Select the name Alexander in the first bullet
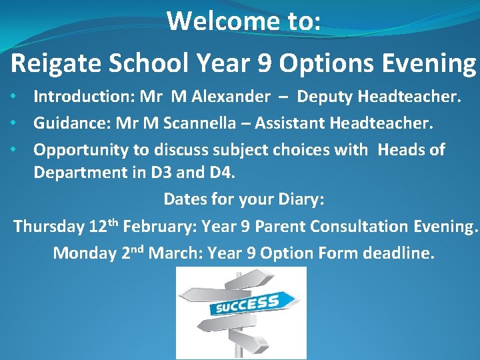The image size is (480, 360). click(x=231, y=97)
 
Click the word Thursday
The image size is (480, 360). click(x=49, y=227)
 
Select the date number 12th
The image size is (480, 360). click(x=103, y=225)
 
